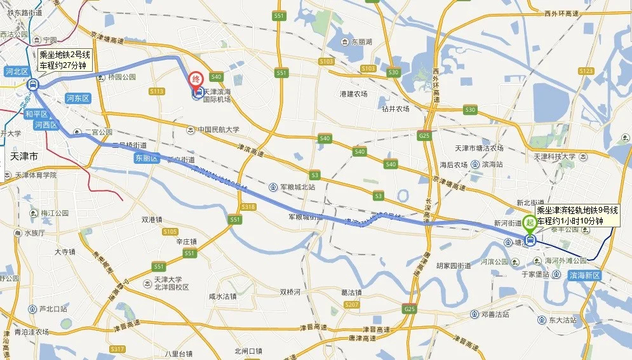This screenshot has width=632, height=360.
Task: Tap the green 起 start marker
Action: (529, 223)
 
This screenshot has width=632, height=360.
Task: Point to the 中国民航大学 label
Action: (217, 130)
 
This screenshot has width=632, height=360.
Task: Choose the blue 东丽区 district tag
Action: (146, 158)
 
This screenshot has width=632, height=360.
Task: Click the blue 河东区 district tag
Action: (79, 98)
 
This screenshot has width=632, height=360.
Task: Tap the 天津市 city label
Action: (25, 156)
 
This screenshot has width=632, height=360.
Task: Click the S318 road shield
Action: (248, 207)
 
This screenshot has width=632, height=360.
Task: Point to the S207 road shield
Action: (351, 305)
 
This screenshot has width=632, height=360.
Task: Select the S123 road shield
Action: (586, 70)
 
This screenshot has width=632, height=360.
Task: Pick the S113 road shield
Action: (157, 91)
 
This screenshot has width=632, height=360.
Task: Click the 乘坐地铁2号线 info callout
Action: (65, 60)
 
